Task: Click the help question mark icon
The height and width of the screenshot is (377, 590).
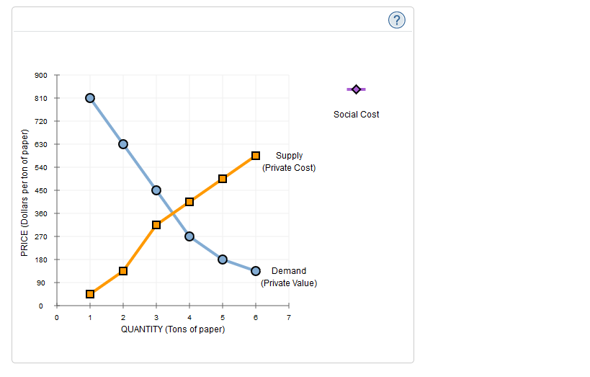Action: (x=396, y=20)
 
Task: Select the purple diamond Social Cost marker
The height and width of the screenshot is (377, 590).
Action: (x=356, y=89)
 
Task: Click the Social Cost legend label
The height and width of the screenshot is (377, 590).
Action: (x=356, y=115)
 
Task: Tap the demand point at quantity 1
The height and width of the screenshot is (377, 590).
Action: (x=90, y=98)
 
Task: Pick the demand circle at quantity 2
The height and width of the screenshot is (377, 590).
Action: (x=123, y=144)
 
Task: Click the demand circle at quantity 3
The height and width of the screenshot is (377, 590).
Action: (x=156, y=190)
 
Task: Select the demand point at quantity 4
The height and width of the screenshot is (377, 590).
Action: (x=189, y=236)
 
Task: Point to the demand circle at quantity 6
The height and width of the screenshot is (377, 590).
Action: (x=255, y=271)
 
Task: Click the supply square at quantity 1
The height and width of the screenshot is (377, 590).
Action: (x=90, y=294)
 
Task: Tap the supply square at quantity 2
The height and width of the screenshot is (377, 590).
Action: (x=123, y=271)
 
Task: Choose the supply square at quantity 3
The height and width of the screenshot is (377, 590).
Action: (x=156, y=225)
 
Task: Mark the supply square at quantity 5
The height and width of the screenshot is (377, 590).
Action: (x=223, y=179)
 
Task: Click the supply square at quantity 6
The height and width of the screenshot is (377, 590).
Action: (x=255, y=156)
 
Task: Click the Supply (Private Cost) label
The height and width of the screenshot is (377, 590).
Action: (x=289, y=161)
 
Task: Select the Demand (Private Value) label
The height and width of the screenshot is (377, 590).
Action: (x=289, y=277)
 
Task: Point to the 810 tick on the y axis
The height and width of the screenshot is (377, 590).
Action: (x=41, y=98)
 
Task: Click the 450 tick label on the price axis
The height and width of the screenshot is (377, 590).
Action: (x=41, y=190)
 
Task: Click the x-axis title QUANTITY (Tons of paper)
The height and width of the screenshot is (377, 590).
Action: (x=173, y=329)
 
